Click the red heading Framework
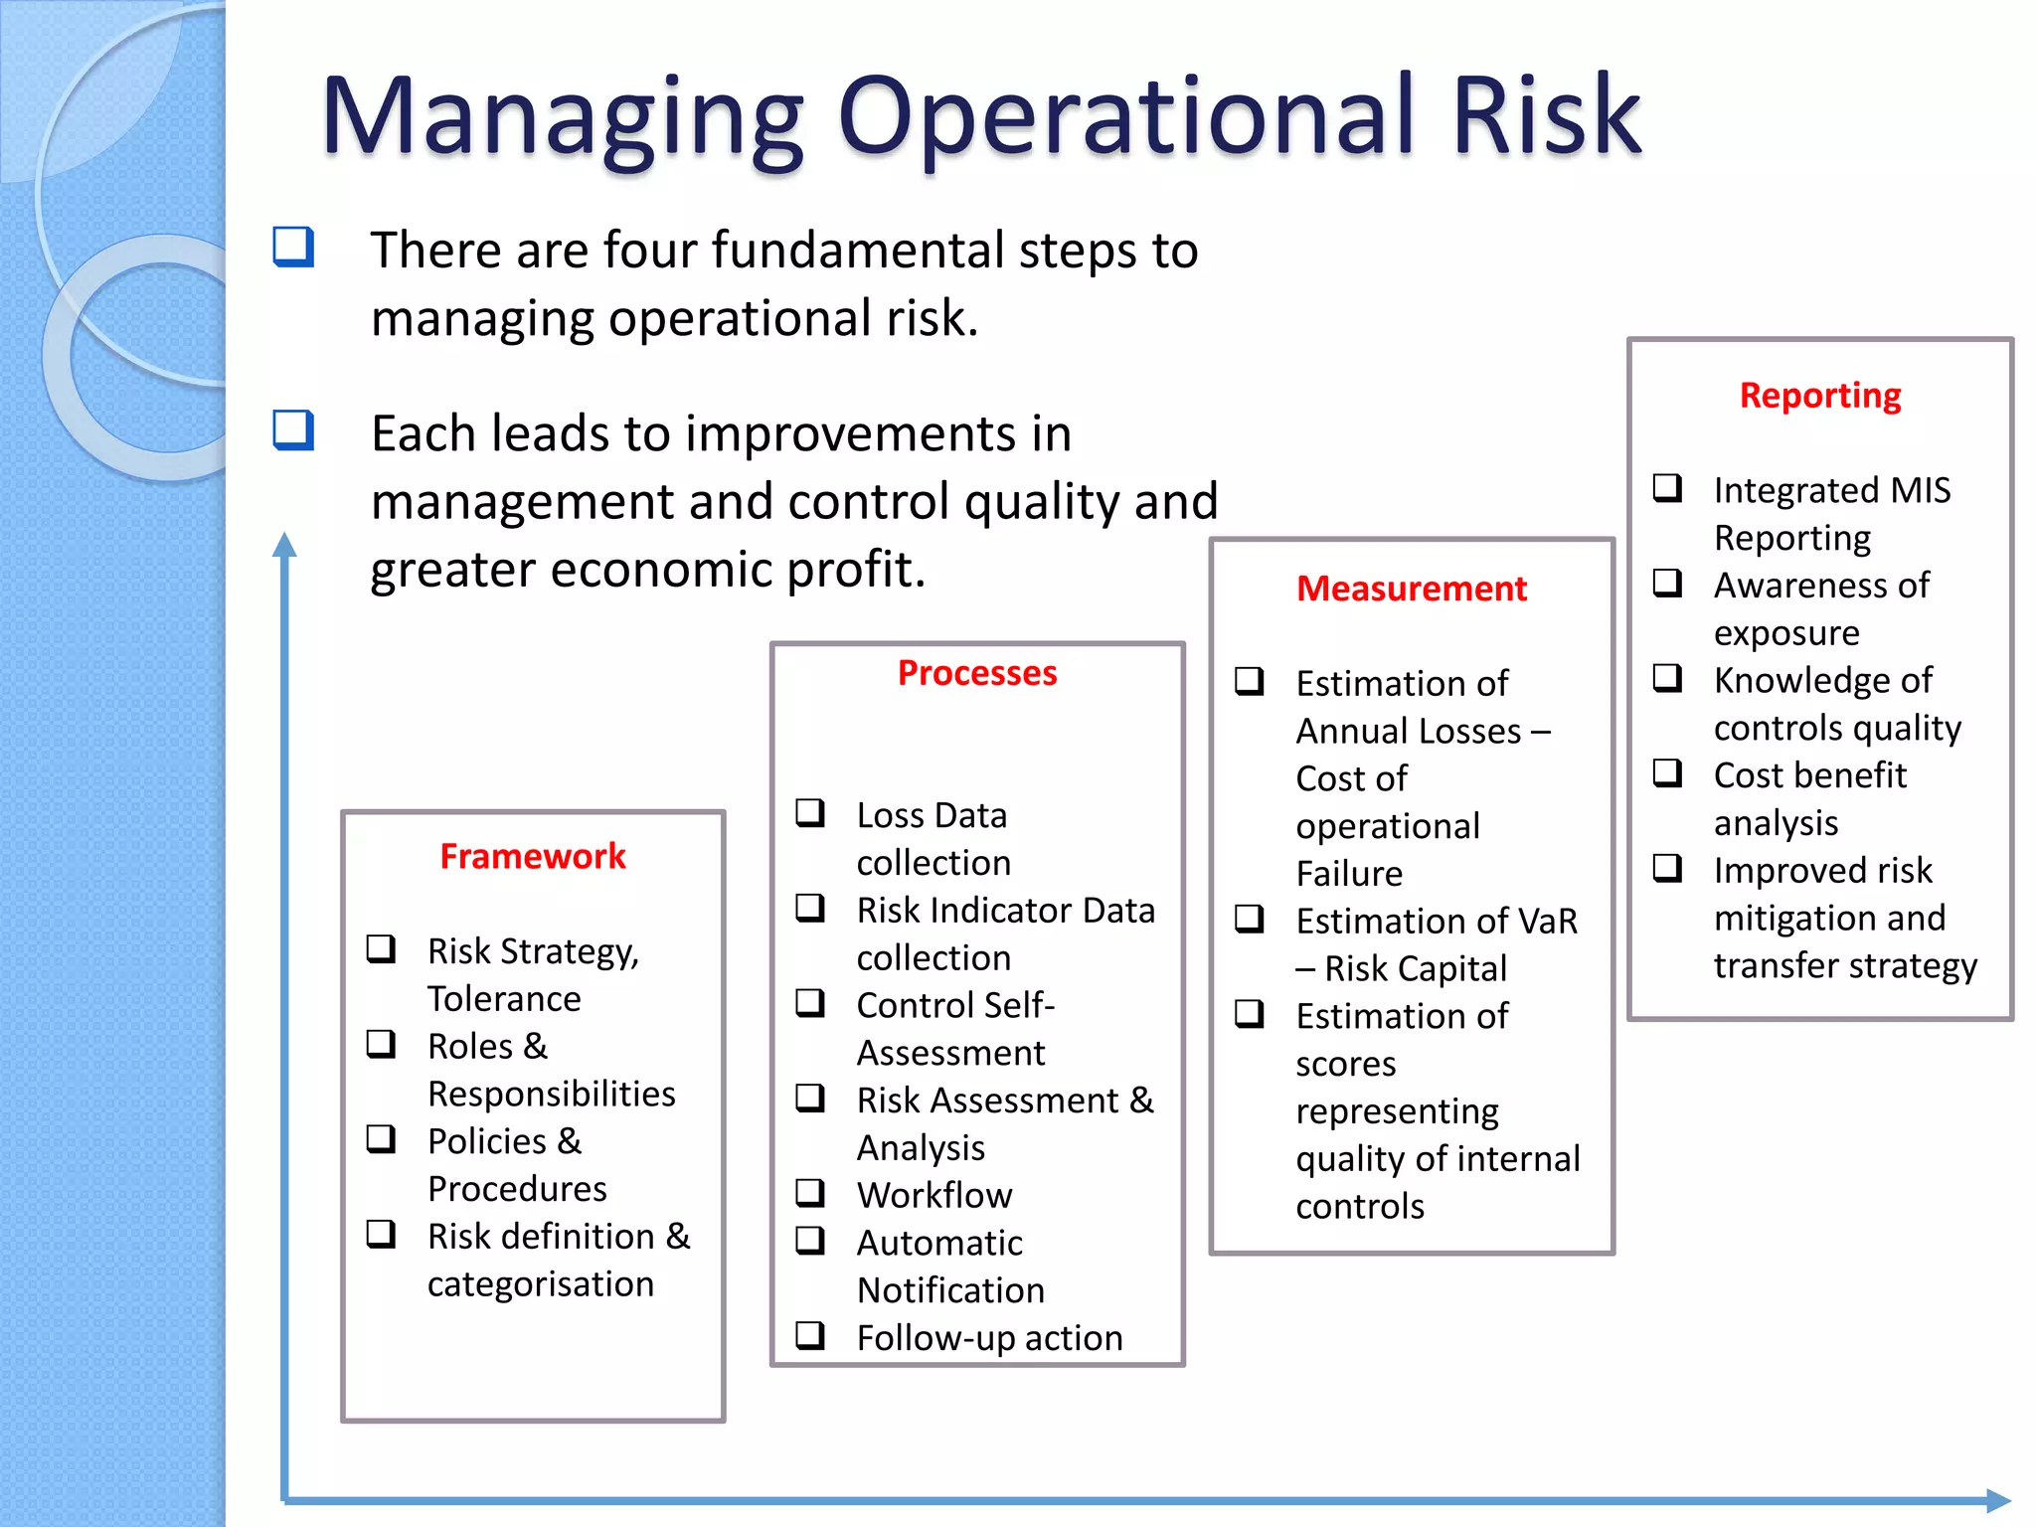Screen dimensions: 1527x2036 pos(533,856)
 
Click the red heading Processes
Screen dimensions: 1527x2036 pos(976,673)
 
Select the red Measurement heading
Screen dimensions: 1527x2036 pos(1411,589)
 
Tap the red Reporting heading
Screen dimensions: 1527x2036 pos(1819,396)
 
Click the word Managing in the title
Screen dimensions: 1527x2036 pos(561,117)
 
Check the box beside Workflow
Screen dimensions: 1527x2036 pos(810,1192)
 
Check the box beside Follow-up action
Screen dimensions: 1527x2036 pos(810,1335)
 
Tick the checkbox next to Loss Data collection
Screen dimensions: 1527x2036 pos(810,813)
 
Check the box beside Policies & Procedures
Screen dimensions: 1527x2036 pos(381,1139)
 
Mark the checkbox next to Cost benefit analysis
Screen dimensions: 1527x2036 pos(1667,773)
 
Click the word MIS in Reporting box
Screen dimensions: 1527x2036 pos(1921,490)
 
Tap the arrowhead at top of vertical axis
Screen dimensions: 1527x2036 pos(284,544)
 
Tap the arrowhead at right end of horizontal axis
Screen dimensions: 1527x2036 pos(1998,1500)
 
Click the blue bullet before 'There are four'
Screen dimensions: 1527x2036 pos(293,247)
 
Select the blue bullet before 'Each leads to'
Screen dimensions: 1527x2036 pos(293,430)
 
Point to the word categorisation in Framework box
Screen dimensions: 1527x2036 pos(540,1283)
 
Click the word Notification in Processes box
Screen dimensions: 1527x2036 pos(950,1290)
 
